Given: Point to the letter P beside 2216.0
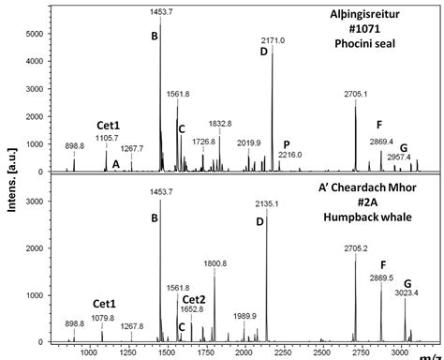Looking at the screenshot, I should click(x=287, y=144).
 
